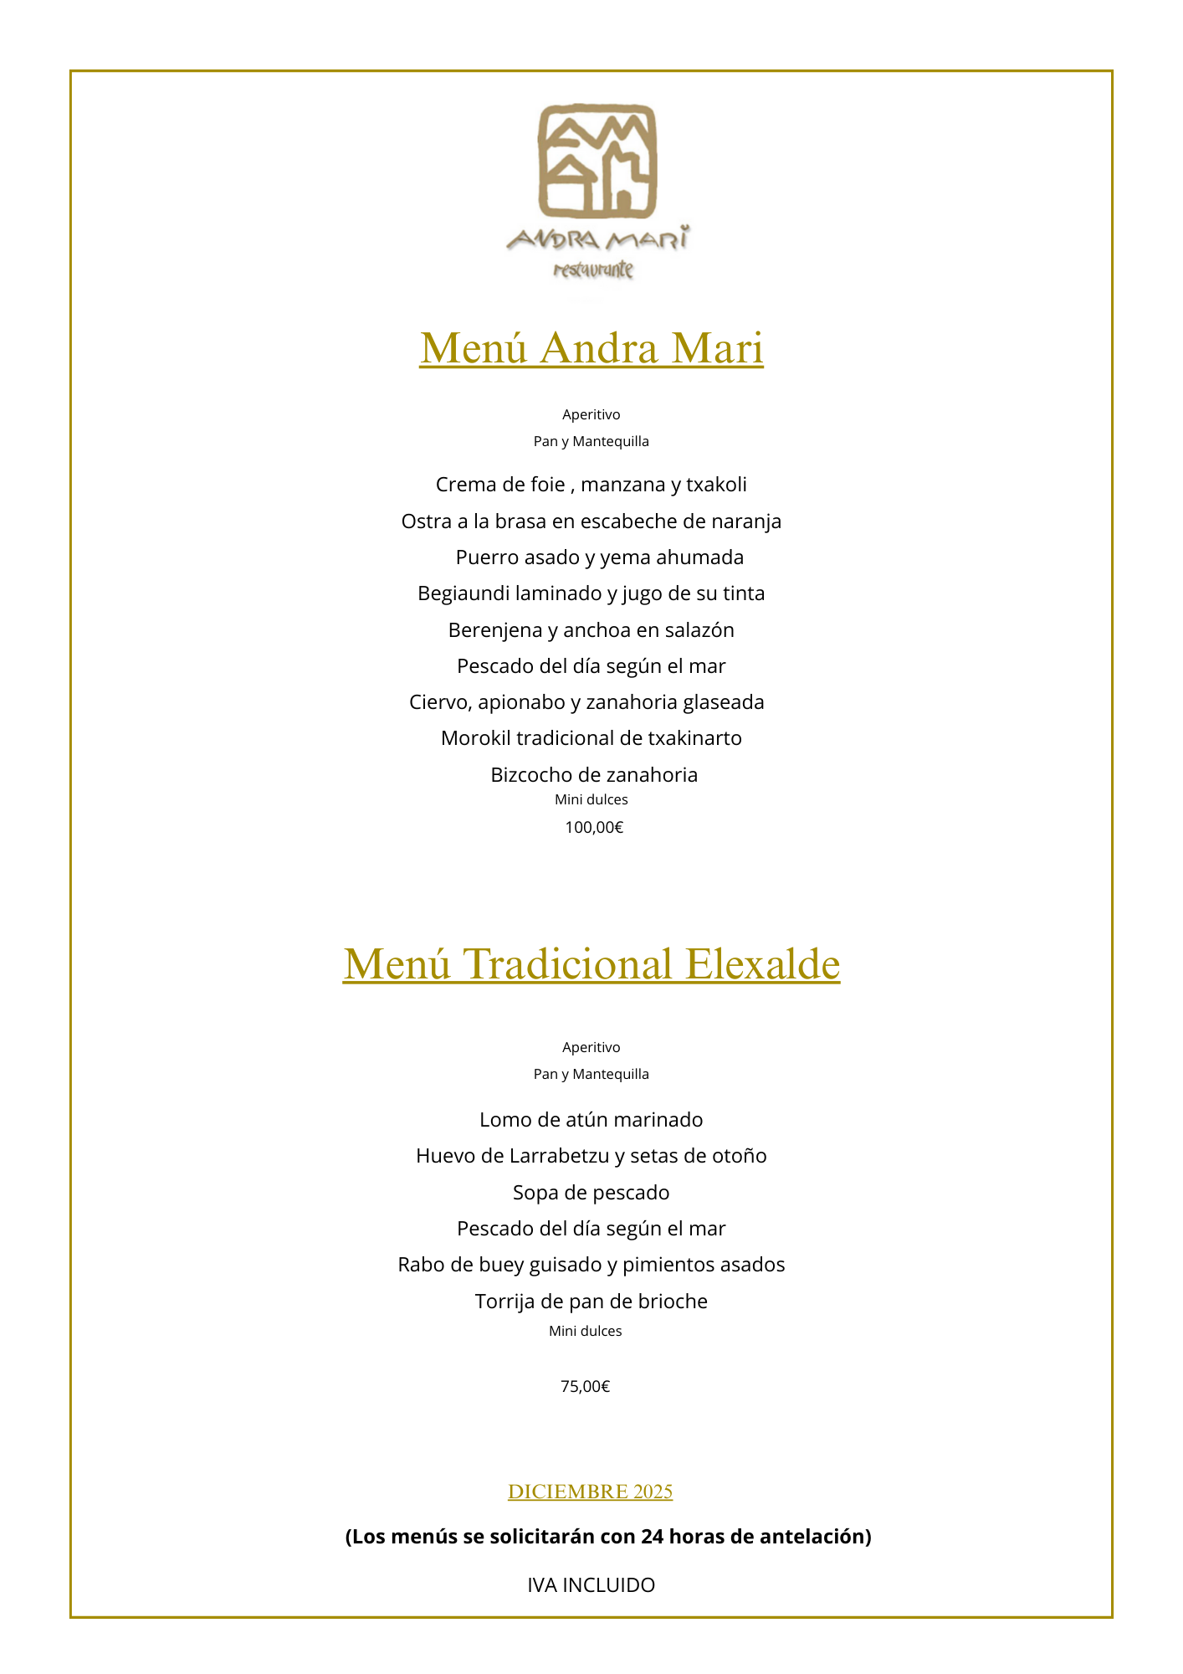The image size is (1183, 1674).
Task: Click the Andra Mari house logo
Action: pos(597,159)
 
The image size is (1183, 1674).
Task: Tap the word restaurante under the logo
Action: pos(593,270)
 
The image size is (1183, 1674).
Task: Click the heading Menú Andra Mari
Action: pos(591,348)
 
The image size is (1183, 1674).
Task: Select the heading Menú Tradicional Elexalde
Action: pos(591,963)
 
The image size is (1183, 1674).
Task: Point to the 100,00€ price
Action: pos(594,828)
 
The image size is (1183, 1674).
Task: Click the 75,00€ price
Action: pos(585,1387)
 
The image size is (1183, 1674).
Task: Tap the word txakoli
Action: pos(716,485)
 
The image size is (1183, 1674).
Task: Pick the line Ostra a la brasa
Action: pos(591,521)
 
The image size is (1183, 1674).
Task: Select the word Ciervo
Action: pos(440,702)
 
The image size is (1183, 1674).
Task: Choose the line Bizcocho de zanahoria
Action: pos(594,775)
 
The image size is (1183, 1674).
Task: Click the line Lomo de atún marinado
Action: pos(591,1120)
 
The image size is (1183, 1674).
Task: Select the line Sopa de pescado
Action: pos(591,1193)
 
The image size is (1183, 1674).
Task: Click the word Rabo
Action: pos(421,1265)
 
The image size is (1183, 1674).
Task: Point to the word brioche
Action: pos(673,1302)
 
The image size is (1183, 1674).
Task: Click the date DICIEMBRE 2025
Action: pos(590,1492)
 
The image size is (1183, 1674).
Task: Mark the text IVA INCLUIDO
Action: pos(591,1585)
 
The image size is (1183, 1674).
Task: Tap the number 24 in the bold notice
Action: pos(653,1537)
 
